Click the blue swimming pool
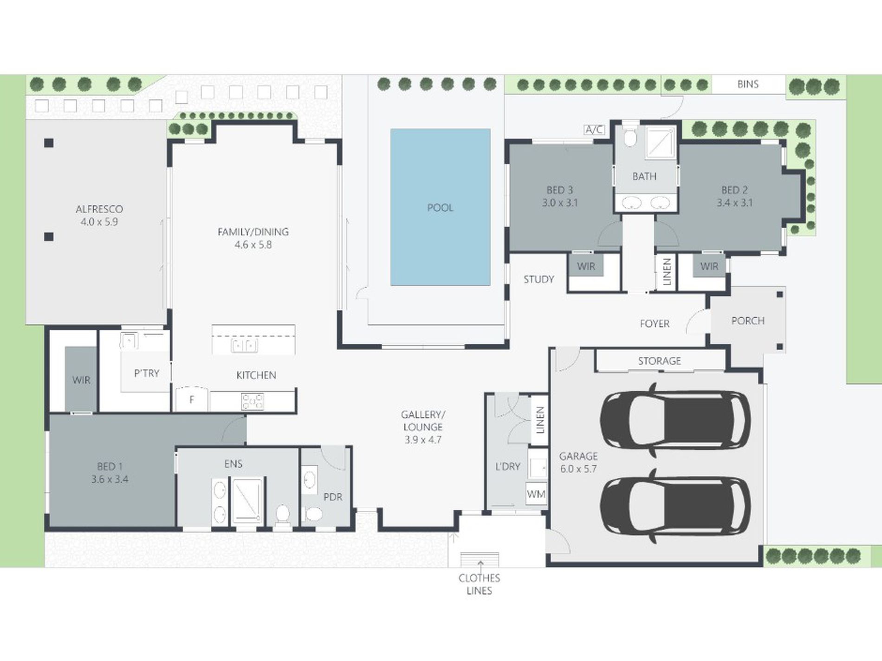click(440, 207)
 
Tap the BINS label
click(748, 84)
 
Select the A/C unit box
click(594, 129)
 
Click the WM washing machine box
click(536, 494)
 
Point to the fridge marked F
click(191, 398)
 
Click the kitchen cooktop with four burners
click(252, 401)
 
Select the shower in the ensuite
click(247, 500)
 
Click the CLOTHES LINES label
click(479, 584)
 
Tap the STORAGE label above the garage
click(659, 361)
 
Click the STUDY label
click(538, 279)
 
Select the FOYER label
click(655, 324)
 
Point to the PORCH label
click(747, 321)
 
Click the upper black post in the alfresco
click(49, 143)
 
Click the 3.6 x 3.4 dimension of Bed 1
click(110, 479)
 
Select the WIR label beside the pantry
click(81, 380)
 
